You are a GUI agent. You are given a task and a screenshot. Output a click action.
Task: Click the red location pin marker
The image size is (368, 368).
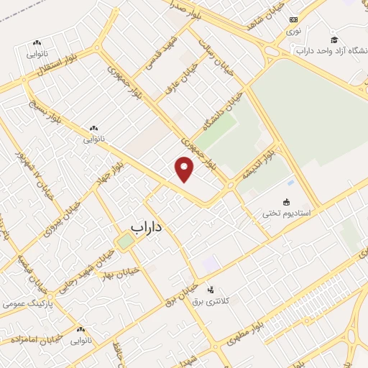[185, 168]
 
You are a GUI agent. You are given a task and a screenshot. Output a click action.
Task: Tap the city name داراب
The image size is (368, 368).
[147, 226]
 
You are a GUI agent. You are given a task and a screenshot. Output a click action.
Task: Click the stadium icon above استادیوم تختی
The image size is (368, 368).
[287, 202]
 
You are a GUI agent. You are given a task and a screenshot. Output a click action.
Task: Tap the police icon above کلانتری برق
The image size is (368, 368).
[209, 289]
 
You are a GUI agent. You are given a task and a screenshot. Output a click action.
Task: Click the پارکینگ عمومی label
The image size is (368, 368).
[24, 304]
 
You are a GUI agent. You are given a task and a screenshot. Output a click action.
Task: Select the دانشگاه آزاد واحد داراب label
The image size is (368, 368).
[331, 51]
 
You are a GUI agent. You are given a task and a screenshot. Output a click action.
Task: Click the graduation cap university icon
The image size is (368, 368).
[333, 39]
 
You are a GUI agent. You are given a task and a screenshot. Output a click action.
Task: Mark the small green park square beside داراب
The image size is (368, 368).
[126, 241]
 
